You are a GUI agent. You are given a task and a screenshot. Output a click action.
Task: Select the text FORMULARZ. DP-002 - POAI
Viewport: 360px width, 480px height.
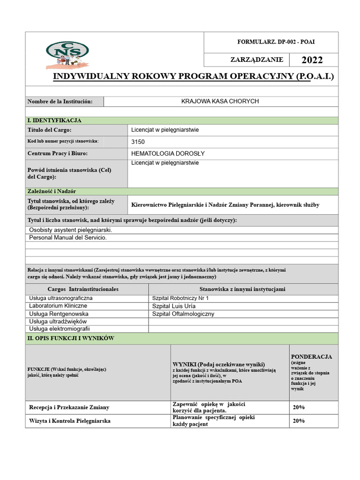point(276,42)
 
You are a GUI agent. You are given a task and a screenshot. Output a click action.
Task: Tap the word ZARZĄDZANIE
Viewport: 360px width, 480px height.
point(256,60)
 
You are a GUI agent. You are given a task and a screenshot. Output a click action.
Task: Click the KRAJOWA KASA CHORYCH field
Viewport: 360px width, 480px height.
point(220,101)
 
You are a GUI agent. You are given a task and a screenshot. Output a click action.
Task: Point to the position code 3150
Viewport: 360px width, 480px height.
point(139,142)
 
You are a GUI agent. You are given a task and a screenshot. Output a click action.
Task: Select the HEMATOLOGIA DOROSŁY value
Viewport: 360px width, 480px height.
point(168,153)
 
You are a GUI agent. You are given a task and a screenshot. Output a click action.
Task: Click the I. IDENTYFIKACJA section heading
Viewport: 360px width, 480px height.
point(55,120)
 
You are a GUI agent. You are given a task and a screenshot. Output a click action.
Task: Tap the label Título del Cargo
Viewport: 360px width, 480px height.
point(50,130)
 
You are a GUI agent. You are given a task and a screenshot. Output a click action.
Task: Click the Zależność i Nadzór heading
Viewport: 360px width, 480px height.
point(52,191)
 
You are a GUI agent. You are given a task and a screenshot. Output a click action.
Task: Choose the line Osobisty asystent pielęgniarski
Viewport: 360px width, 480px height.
point(71,230)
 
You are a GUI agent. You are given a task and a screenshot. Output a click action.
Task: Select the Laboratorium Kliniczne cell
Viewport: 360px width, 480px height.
point(58,306)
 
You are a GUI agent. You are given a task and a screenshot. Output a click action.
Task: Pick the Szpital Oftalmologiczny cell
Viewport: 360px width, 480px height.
point(183,314)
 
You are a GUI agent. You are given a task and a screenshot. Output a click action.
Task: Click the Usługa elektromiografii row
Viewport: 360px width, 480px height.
point(59,329)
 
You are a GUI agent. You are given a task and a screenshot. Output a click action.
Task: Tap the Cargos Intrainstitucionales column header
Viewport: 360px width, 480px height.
point(83,289)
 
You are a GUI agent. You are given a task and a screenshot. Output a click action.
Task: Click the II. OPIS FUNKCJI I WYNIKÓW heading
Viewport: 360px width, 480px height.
point(71,338)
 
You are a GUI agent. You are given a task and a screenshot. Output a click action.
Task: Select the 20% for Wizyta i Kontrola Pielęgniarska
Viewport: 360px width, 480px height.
point(299,421)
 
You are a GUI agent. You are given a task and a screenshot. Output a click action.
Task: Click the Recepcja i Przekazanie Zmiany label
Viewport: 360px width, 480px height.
point(69,407)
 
